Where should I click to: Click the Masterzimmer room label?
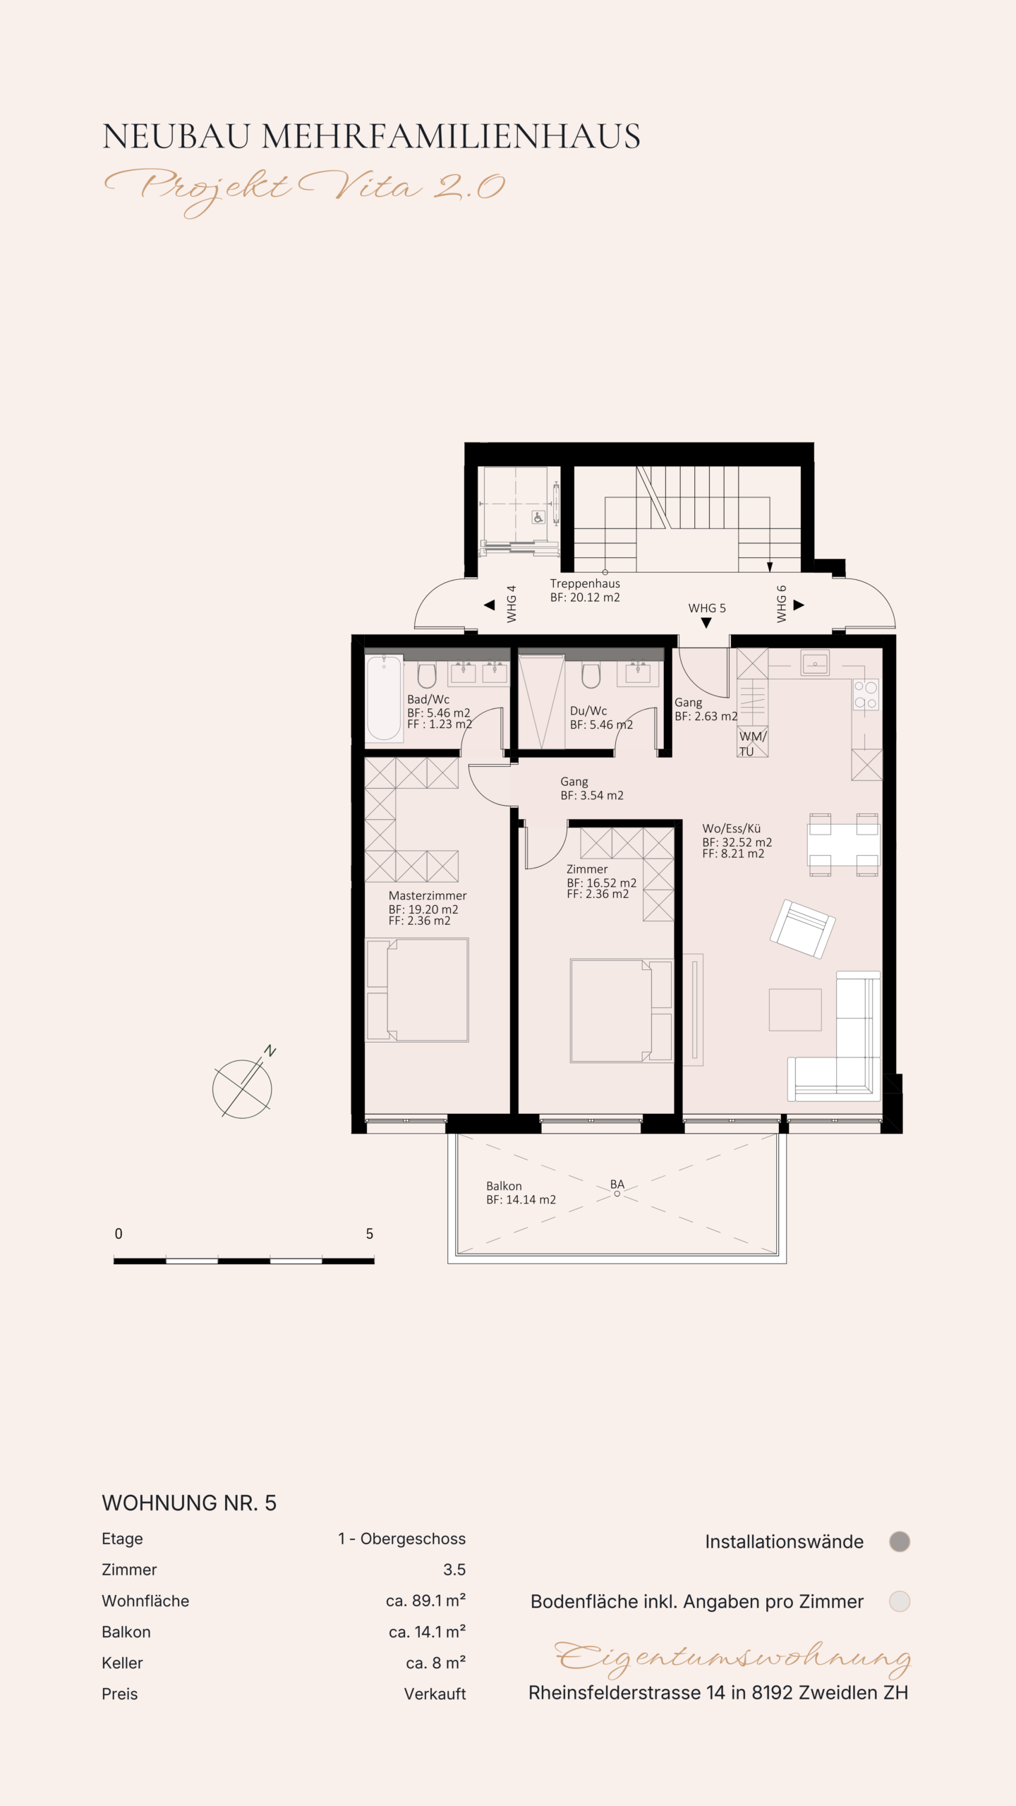click(428, 896)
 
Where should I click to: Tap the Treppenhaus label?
click(585, 583)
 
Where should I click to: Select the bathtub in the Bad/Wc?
click(384, 698)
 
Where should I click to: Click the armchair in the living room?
click(803, 929)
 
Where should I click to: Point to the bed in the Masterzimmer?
click(417, 990)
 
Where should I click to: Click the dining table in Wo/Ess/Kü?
click(843, 844)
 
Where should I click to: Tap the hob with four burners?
click(866, 695)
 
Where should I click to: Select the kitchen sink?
click(815, 663)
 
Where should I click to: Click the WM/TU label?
click(752, 744)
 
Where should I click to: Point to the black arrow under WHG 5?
click(706, 623)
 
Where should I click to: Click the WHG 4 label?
click(512, 604)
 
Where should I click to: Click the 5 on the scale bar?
click(369, 1234)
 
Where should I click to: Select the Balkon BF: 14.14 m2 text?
click(521, 1193)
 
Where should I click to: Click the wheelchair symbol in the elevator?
click(538, 518)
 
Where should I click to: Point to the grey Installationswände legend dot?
click(900, 1542)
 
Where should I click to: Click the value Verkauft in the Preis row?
click(435, 1694)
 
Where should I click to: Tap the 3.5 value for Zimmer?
click(454, 1570)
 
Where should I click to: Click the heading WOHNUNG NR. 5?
click(189, 1503)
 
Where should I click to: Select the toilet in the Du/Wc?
click(591, 675)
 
